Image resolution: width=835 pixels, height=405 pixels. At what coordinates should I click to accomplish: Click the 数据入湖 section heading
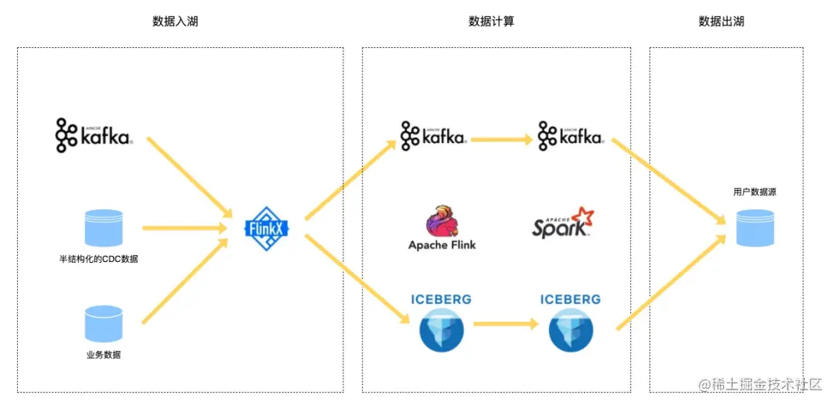176,22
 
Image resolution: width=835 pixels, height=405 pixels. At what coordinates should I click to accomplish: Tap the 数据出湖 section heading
721,22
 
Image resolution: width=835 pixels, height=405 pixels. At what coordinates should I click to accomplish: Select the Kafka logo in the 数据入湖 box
94,135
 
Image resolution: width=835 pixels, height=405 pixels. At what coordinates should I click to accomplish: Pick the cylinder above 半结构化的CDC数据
104,228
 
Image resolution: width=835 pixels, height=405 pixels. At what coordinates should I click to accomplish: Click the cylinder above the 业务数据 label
104,324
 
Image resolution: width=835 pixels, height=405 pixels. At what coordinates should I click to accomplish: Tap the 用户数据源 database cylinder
755,227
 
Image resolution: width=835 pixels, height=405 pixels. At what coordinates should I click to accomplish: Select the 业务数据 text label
103,355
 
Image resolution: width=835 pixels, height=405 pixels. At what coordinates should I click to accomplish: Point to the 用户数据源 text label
754,192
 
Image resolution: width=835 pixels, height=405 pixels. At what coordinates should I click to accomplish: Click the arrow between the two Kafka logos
502,140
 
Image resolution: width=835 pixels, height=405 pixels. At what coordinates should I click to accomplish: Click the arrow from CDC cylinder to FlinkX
183,228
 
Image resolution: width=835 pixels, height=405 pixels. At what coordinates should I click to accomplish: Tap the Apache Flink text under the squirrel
441,245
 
